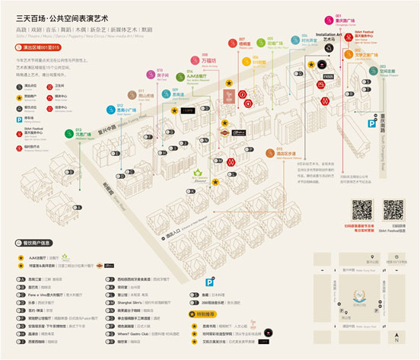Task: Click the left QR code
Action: [x=361, y=209]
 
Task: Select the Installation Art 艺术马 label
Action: [x=325, y=37]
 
